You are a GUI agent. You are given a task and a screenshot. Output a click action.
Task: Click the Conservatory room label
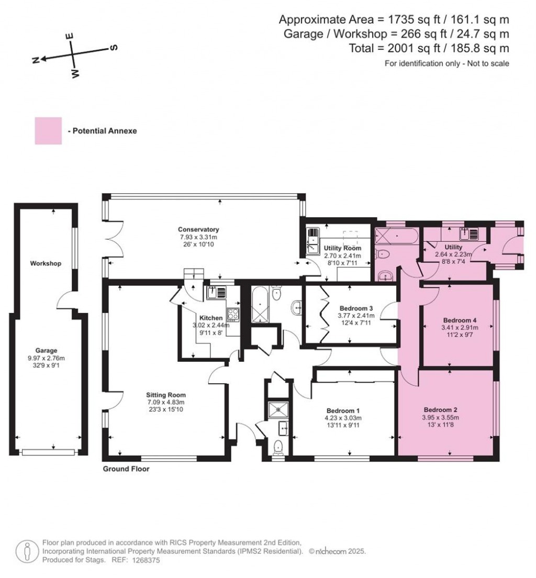[x=198, y=229]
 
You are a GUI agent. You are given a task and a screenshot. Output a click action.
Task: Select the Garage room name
[x=46, y=350]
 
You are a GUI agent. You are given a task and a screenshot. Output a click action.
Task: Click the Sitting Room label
[x=166, y=395]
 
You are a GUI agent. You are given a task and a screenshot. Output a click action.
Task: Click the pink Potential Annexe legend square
[x=48, y=131]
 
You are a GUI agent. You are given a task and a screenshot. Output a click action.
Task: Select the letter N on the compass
[x=36, y=60]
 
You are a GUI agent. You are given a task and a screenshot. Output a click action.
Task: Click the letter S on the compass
[x=113, y=48]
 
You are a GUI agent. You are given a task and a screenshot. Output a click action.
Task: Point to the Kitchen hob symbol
[x=232, y=315]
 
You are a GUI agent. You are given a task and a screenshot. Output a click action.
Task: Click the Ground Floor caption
[x=126, y=469]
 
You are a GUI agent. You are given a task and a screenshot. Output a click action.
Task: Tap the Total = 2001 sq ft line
[x=429, y=49]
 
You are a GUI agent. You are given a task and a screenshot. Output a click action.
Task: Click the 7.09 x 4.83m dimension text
[x=166, y=402]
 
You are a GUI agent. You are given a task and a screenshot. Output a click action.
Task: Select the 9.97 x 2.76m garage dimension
[x=46, y=358]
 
